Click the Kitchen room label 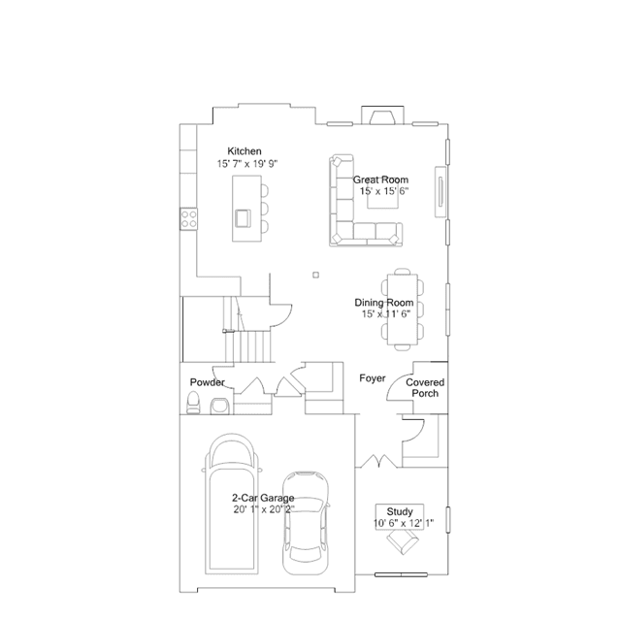(x=245, y=151)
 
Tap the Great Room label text (x=380, y=179)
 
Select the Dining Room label (x=384, y=303)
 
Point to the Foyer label (x=372, y=378)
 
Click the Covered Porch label (x=425, y=388)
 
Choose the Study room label (x=400, y=511)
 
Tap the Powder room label (x=208, y=382)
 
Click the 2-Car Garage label (x=263, y=498)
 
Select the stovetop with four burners (x=188, y=219)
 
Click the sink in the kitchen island (x=243, y=218)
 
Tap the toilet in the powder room (x=193, y=403)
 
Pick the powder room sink (x=220, y=406)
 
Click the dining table (x=403, y=310)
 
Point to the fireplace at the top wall (x=382, y=115)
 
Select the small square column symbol (x=315, y=275)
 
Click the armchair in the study (x=403, y=540)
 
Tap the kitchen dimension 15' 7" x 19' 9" (x=247, y=164)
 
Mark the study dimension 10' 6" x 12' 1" (x=404, y=523)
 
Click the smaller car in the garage (x=306, y=523)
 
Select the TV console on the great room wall (x=441, y=192)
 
